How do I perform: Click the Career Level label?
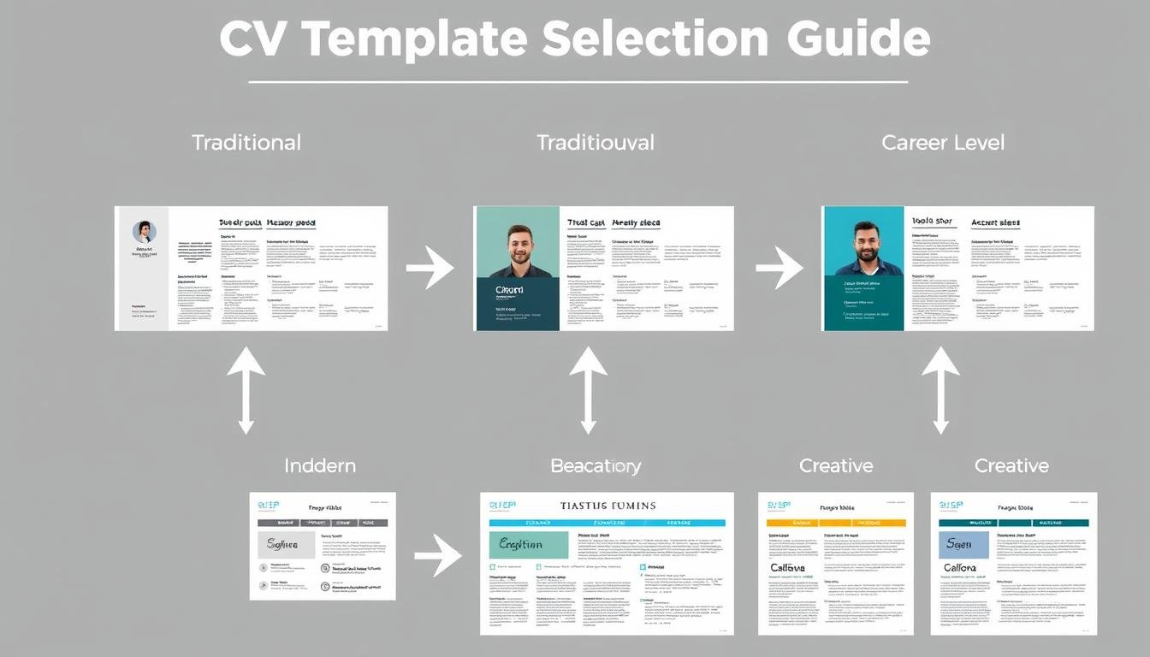[x=943, y=142]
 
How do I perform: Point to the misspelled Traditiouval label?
[x=596, y=142]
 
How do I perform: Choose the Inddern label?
[x=320, y=466]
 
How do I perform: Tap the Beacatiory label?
[x=596, y=466]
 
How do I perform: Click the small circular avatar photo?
[x=144, y=232]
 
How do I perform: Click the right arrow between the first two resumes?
[x=430, y=269]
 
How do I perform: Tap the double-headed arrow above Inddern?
[x=246, y=390]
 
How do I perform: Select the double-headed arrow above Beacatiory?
[x=588, y=390]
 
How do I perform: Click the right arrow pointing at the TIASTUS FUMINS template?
[x=437, y=557]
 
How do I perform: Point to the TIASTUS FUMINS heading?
[x=608, y=506]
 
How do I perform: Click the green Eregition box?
[x=528, y=544]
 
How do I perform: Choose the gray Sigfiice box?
[x=286, y=544]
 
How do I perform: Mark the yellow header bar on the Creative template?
[x=836, y=522]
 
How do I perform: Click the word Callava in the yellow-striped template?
[x=787, y=567]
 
